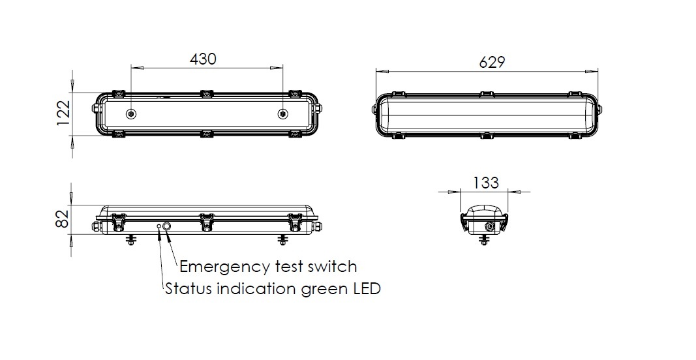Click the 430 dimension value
click(x=203, y=59)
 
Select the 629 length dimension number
click(x=492, y=62)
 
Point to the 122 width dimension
click(x=64, y=113)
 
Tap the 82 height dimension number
click(x=63, y=218)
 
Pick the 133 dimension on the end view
click(x=485, y=183)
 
